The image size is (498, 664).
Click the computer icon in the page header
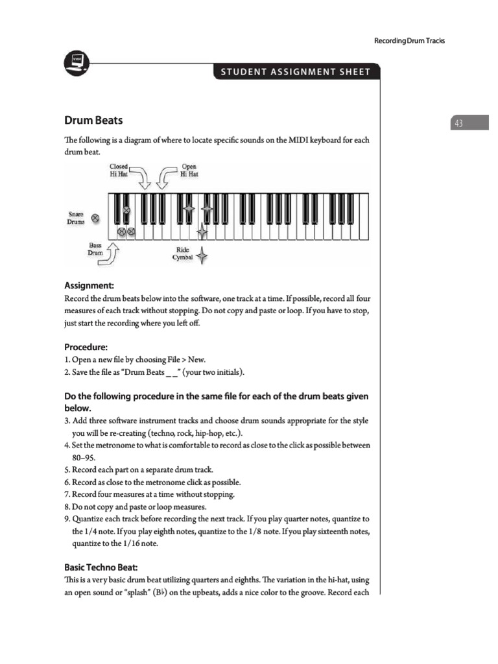[78, 62]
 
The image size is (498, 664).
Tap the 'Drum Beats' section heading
[93, 121]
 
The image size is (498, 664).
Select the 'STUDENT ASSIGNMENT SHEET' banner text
[295, 71]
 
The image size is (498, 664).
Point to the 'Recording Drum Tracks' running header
[409, 41]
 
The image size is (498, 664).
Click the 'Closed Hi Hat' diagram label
[118, 171]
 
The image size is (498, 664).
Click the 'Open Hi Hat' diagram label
[189, 171]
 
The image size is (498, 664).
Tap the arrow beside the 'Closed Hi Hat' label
[142, 175]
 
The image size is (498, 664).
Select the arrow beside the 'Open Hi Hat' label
[168, 175]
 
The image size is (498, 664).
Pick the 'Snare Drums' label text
[77, 218]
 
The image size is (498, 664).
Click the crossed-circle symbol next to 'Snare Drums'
[96, 219]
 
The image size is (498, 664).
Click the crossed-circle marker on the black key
[126, 211]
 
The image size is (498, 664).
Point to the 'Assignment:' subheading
[89, 285]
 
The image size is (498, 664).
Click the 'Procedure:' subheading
[86, 346]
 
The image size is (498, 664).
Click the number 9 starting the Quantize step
[67, 519]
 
